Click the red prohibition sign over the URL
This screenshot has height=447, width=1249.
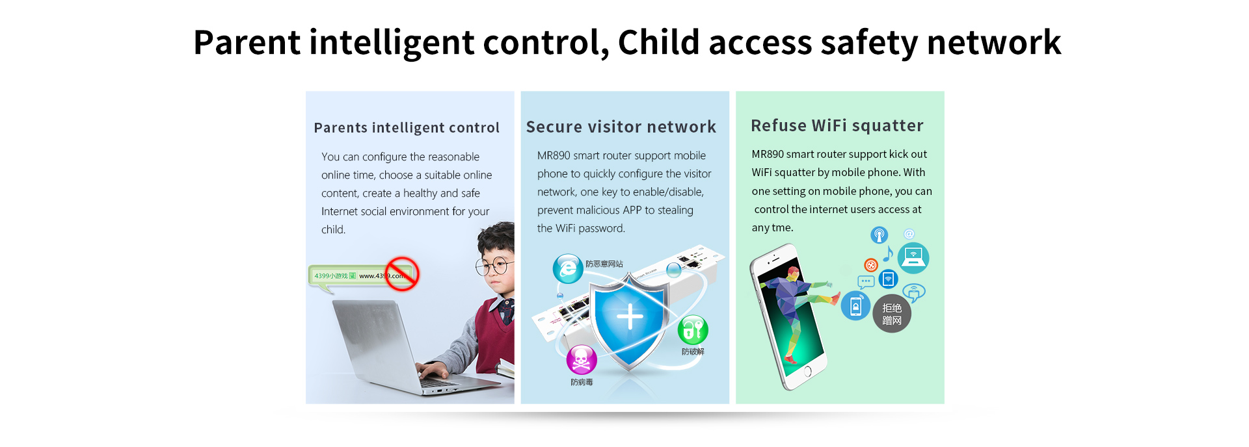click(x=402, y=274)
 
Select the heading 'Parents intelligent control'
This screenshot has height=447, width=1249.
click(x=407, y=128)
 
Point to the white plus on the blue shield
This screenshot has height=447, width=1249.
click(x=630, y=318)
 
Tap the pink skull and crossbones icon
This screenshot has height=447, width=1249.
click(x=582, y=359)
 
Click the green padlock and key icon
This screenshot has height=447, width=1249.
click(x=693, y=330)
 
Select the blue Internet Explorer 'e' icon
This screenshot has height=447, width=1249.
click(x=568, y=268)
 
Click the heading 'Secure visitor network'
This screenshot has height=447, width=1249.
click(x=621, y=127)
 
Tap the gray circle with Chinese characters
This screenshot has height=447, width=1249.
click(x=892, y=314)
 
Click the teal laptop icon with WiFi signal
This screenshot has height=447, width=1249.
click(x=913, y=258)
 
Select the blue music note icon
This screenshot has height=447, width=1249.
click(x=888, y=253)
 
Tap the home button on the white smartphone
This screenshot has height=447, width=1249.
click(x=807, y=372)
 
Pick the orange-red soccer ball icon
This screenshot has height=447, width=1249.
click(x=871, y=264)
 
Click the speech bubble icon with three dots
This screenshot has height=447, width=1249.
click(x=866, y=282)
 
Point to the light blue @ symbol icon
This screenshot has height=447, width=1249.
click(x=909, y=234)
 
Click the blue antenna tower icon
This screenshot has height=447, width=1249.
click(x=880, y=235)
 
